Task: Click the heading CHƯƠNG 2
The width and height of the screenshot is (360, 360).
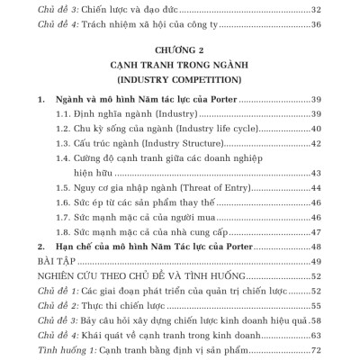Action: click(180, 51)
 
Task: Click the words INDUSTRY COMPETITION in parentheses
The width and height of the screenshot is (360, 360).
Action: click(180, 79)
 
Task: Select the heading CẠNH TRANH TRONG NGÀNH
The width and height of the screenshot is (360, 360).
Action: click(180, 65)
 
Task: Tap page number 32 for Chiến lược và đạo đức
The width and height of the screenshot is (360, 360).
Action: click(316, 9)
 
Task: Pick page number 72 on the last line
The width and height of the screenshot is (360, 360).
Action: click(316, 349)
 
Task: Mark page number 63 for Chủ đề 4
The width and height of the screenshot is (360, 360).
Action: click(316, 335)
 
